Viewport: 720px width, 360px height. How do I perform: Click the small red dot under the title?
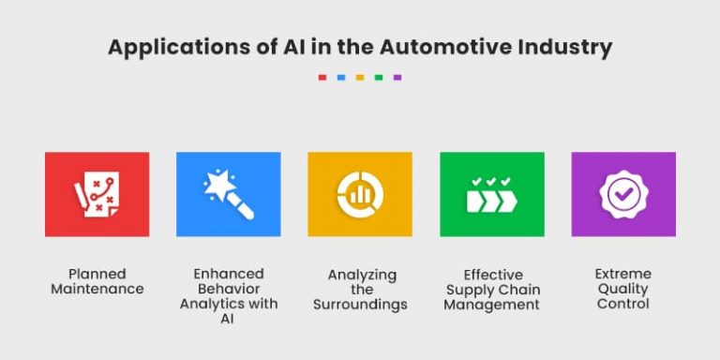tap(322, 78)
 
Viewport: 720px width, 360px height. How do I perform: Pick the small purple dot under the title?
tap(397, 78)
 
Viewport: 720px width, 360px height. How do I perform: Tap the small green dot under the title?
tap(379, 78)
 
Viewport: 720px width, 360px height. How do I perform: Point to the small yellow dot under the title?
tap(360, 78)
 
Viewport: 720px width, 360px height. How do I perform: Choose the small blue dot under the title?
tap(341, 78)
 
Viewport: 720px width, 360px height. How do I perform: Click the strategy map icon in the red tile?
tap(97, 194)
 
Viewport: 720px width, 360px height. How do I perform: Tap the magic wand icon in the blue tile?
tap(229, 194)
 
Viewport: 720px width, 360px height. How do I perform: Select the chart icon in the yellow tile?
tap(360, 194)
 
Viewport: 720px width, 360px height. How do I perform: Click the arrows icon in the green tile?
tap(491, 195)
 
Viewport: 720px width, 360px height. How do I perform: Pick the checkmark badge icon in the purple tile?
tap(623, 194)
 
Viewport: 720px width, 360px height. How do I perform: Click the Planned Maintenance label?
tap(97, 281)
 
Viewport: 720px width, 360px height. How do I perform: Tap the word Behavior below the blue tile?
tap(229, 289)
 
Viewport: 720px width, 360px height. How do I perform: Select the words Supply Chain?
tap(491, 290)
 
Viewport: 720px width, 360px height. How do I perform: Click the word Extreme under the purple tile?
tap(623, 274)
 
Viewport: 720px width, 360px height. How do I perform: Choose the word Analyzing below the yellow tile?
tap(362, 275)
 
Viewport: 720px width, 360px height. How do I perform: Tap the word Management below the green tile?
tap(491, 305)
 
